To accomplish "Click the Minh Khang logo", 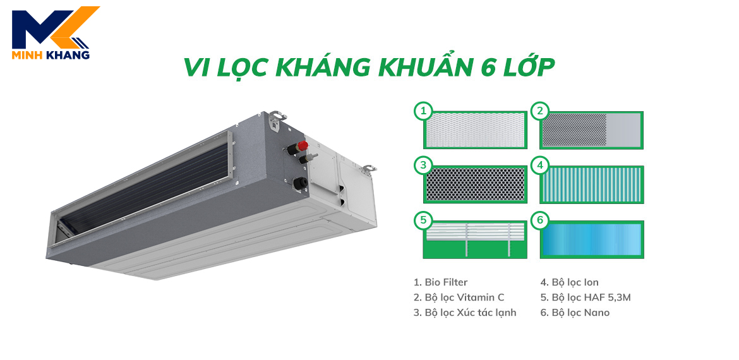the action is pos(51,33).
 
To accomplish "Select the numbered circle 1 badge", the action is pos(423,112).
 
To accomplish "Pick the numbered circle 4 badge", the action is pos(540,166).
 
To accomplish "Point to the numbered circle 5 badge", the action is pos(423,220).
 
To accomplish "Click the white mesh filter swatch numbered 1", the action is pos(475,130).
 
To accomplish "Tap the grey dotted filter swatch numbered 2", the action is pos(591,130).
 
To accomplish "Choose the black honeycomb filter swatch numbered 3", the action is pos(475,184).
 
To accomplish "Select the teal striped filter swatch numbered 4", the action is pos(591,184).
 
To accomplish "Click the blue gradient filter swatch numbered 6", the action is pos(591,239).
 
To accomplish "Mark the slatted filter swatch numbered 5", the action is pos(475,239).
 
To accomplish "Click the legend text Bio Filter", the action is pos(441,282).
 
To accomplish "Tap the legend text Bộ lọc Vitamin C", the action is pos(459,297).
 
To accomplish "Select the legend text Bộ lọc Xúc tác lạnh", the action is pos(465,313).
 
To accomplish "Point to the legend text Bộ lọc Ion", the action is pos(569,282).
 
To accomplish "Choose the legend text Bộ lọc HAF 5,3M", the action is pos(586,297).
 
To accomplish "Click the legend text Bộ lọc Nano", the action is pos(575,313).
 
